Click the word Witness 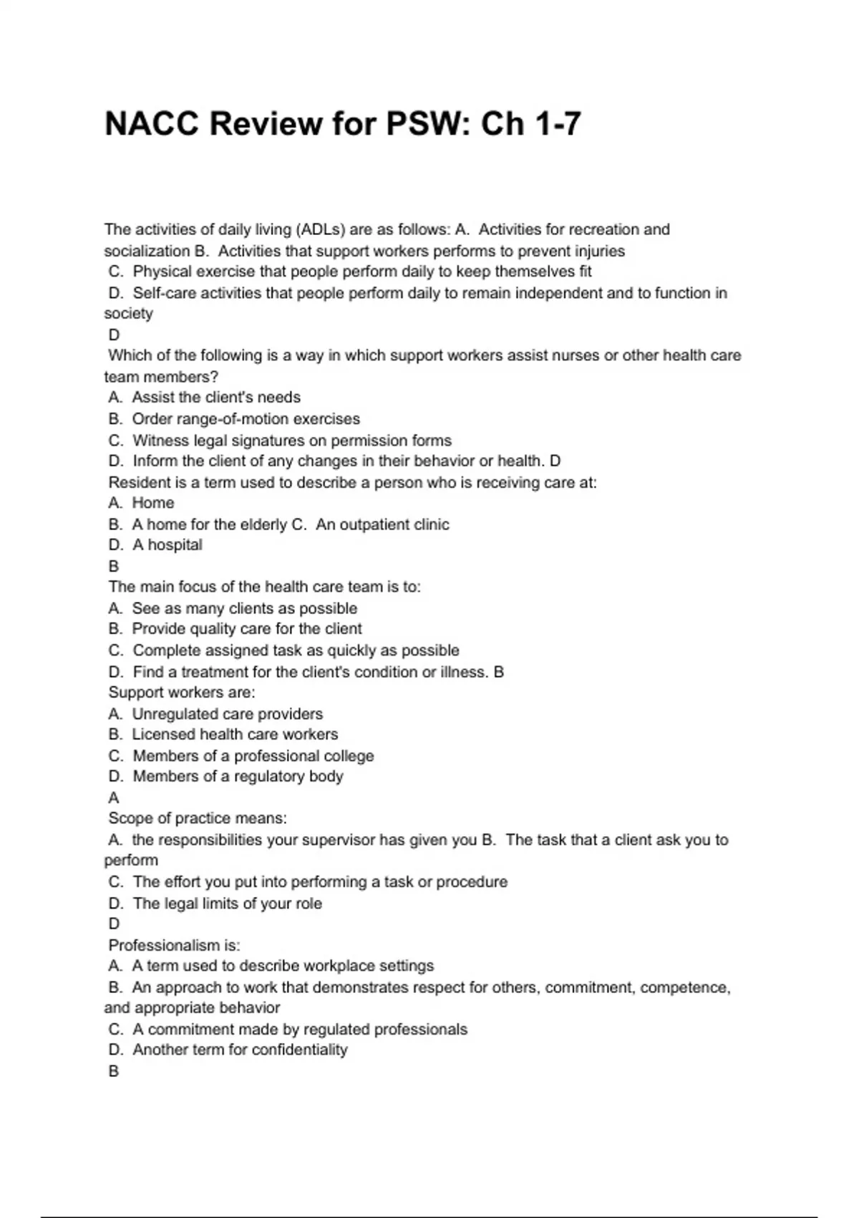click(x=160, y=441)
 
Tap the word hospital click(x=175, y=545)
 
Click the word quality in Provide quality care click(x=215, y=629)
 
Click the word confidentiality click(x=300, y=1050)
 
